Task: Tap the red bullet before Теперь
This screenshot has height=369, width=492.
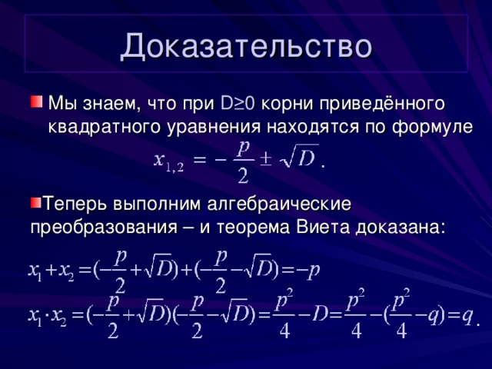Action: click(35, 203)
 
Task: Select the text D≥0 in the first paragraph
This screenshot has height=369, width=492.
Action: click(239, 103)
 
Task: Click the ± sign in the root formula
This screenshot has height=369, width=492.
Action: click(264, 158)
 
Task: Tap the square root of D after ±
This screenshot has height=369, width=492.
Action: click(297, 158)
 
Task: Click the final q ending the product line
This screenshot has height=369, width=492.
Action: click(467, 316)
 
